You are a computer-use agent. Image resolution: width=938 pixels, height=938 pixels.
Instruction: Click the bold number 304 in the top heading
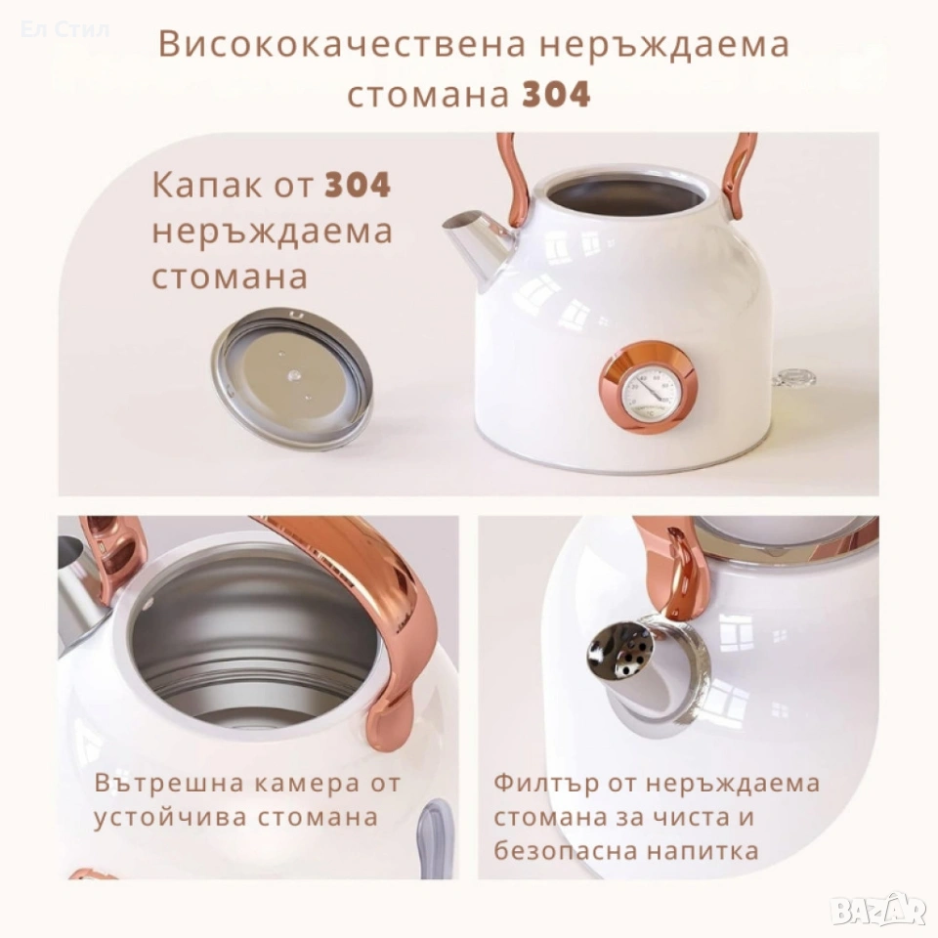point(556,94)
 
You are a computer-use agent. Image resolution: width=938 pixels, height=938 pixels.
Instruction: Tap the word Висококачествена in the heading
point(342,44)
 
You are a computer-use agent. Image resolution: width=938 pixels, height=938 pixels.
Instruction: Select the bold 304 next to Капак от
point(358,185)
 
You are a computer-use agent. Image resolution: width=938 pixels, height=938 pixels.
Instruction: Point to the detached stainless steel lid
point(292,378)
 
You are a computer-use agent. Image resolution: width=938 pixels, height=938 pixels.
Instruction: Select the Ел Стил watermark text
point(64,29)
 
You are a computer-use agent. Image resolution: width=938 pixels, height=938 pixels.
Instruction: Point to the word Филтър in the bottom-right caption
point(546,783)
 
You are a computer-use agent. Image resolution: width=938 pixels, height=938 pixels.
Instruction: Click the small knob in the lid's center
point(294,375)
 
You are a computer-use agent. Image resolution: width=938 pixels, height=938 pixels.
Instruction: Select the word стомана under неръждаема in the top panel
point(230,277)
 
